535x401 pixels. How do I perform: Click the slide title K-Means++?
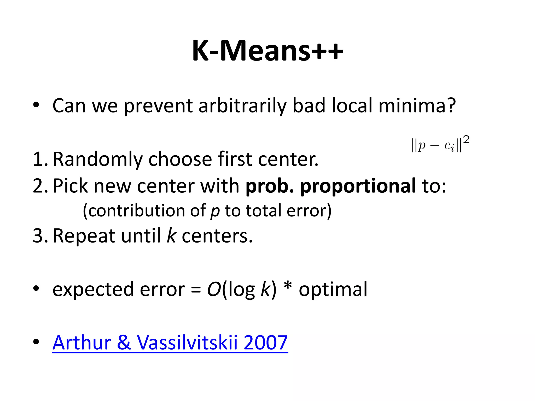(x=267, y=51)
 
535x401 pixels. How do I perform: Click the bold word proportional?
(x=358, y=186)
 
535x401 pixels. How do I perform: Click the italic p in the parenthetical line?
(x=215, y=211)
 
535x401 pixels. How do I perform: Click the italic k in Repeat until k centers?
(x=171, y=236)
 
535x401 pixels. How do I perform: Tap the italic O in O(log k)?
(x=214, y=289)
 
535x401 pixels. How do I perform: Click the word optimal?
(x=333, y=289)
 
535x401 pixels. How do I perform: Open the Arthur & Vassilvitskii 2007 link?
(x=170, y=343)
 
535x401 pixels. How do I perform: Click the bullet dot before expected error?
(x=36, y=288)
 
